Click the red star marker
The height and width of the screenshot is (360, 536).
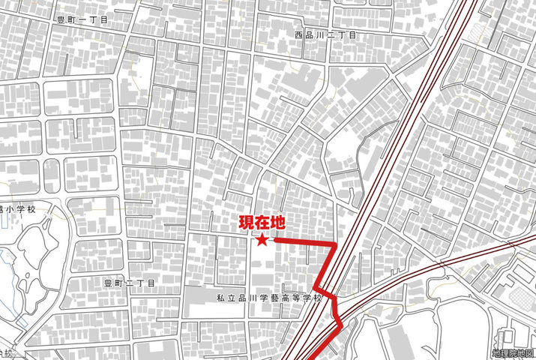tap(262, 241)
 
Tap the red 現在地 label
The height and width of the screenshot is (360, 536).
tap(262, 223)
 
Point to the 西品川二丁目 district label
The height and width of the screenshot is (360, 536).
tap(325, 35)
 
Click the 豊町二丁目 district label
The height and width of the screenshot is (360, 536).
tap(129, 283)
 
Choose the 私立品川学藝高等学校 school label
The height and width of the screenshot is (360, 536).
tap(268, 298)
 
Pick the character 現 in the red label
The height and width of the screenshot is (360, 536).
tap(247, 223)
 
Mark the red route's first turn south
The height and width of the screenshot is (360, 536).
tap(334, 244)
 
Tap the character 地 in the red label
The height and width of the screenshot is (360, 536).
tap(277, 223)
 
